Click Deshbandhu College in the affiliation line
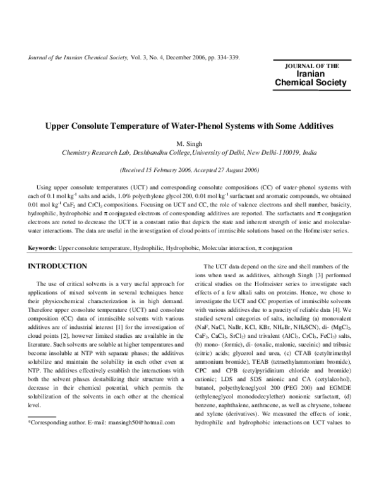coord(154,153)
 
